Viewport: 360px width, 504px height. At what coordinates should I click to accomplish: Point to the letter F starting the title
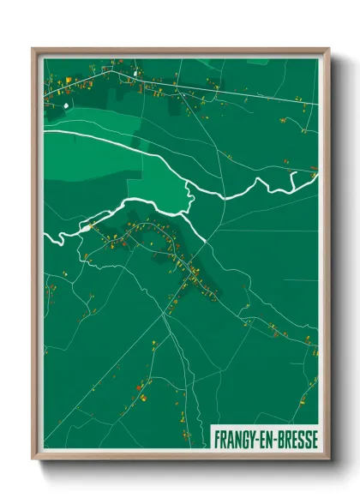218,437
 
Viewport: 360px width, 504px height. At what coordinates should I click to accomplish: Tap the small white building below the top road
65,105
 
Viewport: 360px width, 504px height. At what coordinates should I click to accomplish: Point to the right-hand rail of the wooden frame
325,257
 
